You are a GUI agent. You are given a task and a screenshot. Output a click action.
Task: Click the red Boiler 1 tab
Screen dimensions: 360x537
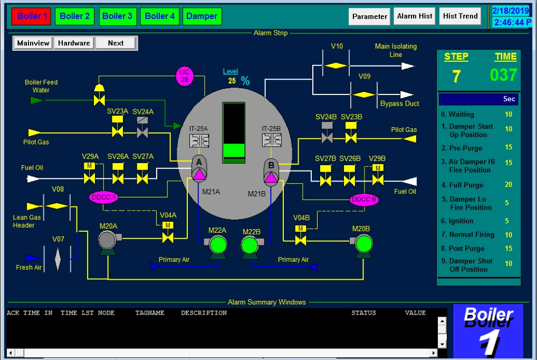coord(32,16)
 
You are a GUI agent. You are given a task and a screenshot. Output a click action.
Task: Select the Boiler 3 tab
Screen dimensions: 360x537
coord(117,16)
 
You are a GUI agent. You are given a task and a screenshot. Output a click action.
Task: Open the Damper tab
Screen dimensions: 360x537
coord(202,16)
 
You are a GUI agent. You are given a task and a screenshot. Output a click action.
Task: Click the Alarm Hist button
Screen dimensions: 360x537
coord(415,16)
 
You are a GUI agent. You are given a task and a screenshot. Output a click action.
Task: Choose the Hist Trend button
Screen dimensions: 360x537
coord(461,16)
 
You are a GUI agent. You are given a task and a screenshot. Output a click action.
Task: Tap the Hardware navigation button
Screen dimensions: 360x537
coord(74,43)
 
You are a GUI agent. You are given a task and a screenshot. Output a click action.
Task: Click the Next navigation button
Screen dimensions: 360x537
coord(116,43)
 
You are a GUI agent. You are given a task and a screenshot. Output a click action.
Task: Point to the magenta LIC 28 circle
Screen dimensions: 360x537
coord(185,76)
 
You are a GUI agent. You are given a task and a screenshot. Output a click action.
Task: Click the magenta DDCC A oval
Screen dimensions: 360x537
coord(103,197)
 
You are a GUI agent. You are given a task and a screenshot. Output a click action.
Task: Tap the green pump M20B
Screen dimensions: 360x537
coord(363,244)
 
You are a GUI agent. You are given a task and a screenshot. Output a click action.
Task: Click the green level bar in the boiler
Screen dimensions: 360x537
coord(233,150)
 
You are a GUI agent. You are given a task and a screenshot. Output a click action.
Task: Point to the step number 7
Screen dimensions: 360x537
coord(456,77)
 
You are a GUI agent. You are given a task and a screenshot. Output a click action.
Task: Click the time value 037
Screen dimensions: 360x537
coord(503,75)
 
